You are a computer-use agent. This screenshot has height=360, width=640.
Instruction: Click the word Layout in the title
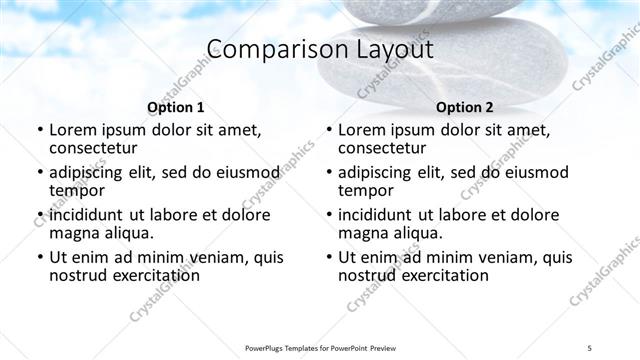pyautogui.click(x=384, y=49)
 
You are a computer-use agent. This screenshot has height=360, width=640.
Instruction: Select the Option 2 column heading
pyautogui.click(x=464, y=107)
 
